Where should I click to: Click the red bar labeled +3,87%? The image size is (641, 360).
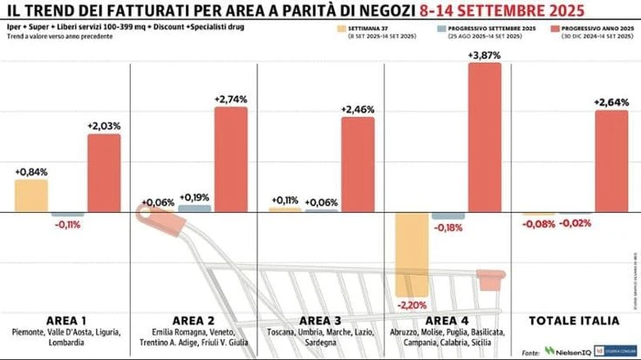pyautogui.click(x=485, y=138)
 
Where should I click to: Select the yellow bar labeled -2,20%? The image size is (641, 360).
pyautogui.click(x=412, y=255)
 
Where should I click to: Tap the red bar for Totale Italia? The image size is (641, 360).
pyautogui.click(x=611, y=161)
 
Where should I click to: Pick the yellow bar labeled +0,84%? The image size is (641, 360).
pyautogui.click(x=31, y=196)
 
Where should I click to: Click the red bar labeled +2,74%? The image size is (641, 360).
pyautogui.click(x=231, y=160)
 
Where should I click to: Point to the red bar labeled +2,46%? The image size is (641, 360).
pyautogui.click(x=358, y=165)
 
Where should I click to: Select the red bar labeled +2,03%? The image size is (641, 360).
pyautogui.click(x=104, y=173)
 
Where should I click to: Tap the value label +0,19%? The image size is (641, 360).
pyautogui.click(x=194, y=197)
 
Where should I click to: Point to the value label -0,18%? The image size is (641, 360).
pyautogui.click(x=447, y=228)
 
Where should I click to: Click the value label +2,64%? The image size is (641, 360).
pyautogui.click(x=611, y=103)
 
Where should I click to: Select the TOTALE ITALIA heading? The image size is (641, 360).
pyautogui.click(x=575, y=320)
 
